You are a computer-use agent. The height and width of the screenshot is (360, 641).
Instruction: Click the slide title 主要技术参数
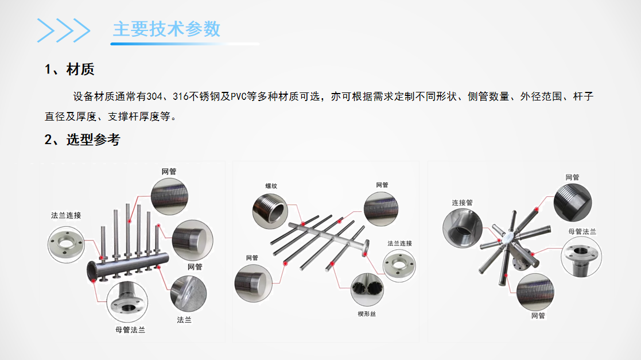(167, 29)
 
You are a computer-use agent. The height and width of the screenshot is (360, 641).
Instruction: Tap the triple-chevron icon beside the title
(63, 30)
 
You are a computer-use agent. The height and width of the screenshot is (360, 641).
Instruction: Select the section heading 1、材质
(69, 69)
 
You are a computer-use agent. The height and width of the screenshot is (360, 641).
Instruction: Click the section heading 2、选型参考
(82, 140)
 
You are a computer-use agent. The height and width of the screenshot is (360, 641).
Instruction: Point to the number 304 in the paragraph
(154, 96)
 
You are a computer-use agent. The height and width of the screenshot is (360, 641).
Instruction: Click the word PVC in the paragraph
(239, 96)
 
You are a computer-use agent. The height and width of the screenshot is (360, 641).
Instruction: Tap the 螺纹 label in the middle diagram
(271, 185)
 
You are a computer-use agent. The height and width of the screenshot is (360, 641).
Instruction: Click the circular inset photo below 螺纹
(270, 211)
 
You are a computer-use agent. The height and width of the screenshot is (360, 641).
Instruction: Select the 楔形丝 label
(367, 313)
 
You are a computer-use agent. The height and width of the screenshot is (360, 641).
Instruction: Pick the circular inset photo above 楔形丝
(367, 289)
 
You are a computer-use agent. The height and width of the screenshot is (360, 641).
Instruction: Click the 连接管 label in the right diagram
(463, 203)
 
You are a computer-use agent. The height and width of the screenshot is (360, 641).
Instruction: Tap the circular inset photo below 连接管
(463, 229)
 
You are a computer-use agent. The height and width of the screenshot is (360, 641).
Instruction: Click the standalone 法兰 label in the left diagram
(184, 319)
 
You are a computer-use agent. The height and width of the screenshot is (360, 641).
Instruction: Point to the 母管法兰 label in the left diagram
(130, 330)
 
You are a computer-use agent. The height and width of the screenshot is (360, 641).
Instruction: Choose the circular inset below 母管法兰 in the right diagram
(581, 257)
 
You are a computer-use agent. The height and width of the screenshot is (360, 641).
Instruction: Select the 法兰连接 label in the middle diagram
(400, 243)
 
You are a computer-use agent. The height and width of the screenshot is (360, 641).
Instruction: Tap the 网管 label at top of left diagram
(169, 172)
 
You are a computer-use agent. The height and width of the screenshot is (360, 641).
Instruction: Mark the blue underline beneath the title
(185, 44)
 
